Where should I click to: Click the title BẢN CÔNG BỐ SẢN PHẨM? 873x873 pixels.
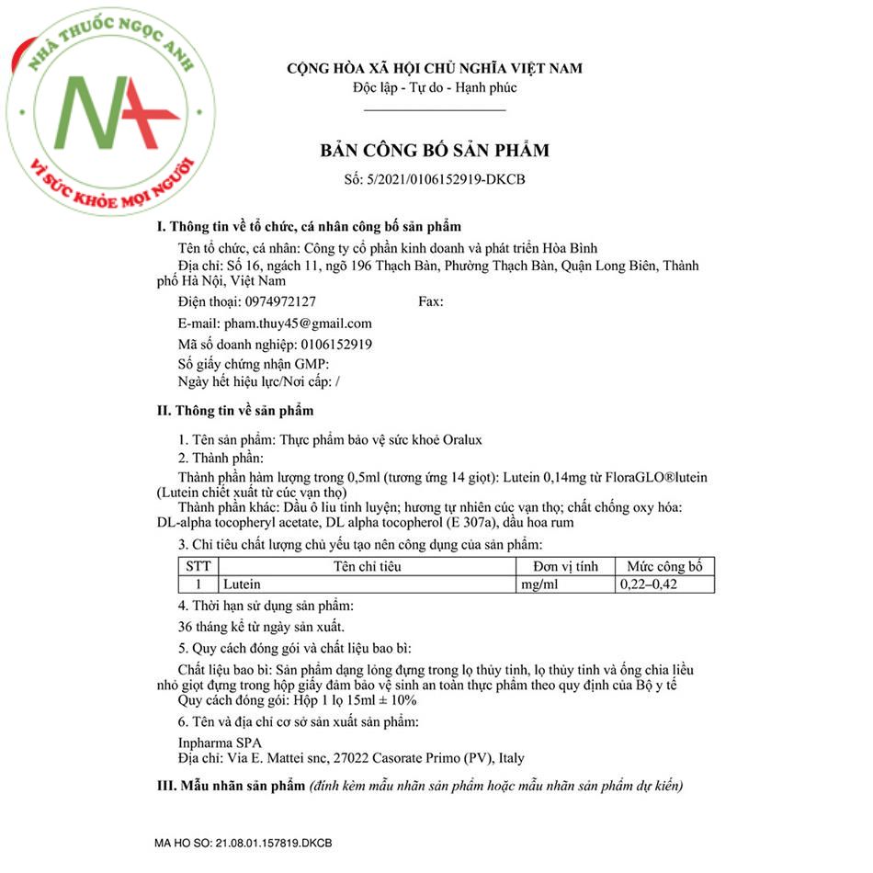coord(435,150)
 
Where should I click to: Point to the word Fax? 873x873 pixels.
coord(430,301)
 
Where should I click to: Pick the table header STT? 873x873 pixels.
coord(198,566)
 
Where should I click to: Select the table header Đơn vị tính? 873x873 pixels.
coord(564,566)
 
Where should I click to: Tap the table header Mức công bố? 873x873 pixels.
coord(663,566)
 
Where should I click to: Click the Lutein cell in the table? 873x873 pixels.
coord(242,584)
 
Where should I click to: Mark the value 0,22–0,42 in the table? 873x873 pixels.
coord(649,584)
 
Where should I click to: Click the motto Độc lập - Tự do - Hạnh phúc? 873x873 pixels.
coord(435,88)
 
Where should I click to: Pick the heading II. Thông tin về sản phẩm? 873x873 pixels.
coord(236,410)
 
